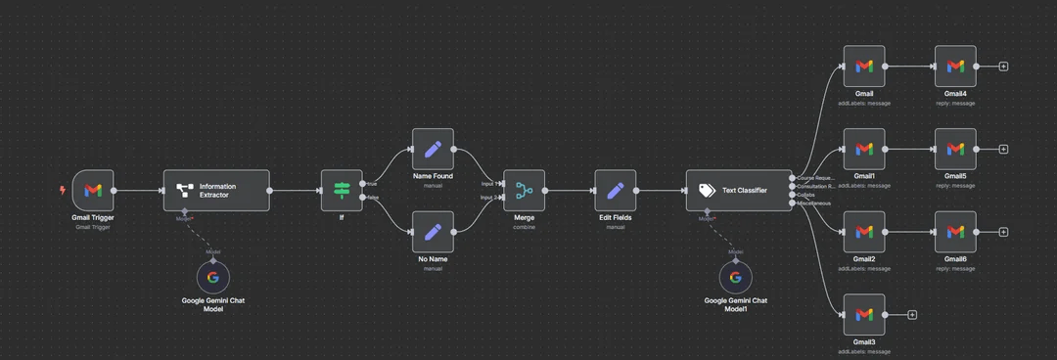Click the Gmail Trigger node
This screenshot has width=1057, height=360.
pyautogui.click(x=93, y=190)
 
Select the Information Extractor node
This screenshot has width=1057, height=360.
pyautogui.click(x=215, y=190)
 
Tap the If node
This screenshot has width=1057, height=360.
pyautogui.click(x=342, y=190)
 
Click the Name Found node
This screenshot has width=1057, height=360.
pyautogui.click(x=433, y=149)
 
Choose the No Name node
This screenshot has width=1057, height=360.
pyautogui.click(x=433, y=232)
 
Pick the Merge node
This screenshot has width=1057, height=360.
pyautogui.click(x=524, y=190)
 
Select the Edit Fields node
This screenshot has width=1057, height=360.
pyautogui.click(x=615, y=190)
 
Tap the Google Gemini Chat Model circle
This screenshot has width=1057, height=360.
pyautogui.click(x=213, y=277)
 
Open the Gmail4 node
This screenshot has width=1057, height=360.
pyautogui.click(x=955, y=67)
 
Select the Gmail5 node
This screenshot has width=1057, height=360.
pyautogui.click(x=955, y=149)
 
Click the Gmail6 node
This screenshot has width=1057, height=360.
pyautogui.click(x=955, y=232)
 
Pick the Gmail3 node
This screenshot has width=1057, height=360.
pyautogui.click(x=864, y=315)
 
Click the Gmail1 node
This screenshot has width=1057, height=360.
pyautogui.click(x=864, y=149)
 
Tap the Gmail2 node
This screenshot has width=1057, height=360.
pyautogui.click(x=864, y=232)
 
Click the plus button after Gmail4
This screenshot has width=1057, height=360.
pyautogui.click(x=1003, y=67)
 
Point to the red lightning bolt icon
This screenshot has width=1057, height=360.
pyautogui.click(x=64, y=190)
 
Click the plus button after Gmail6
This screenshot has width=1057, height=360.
pyautogui.click(x=1003, y=232)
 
